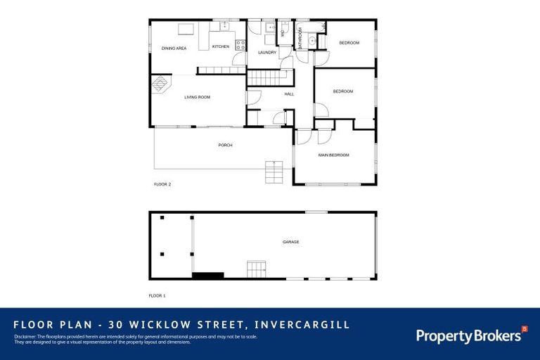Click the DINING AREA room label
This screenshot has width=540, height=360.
(x=174, y=49)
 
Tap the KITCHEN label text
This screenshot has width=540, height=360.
(x=221, y=46)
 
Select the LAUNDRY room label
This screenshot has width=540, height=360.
(x=266, y=52)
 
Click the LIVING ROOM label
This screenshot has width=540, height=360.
(x=198, y=97)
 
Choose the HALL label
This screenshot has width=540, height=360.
(x=289, y=94)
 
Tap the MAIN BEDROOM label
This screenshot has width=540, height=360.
(x=333, y=155)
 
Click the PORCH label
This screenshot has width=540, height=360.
(x=225, y=146)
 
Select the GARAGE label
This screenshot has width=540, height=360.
(x=290, y=242)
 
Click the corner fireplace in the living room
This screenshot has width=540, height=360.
(x=160, y=84)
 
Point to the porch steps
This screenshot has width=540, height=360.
(x=274, y=172)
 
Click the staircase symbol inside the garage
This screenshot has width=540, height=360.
(x=257, y=269)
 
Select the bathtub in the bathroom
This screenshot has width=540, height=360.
(x=312, y=26)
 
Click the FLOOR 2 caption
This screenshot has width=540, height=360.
(x=162, y=184)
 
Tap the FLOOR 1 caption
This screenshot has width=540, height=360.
(x=157, y=295)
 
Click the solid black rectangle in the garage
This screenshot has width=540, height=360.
(x=208, y=276)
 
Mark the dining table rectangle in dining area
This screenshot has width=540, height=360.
(x=186, y=29)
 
